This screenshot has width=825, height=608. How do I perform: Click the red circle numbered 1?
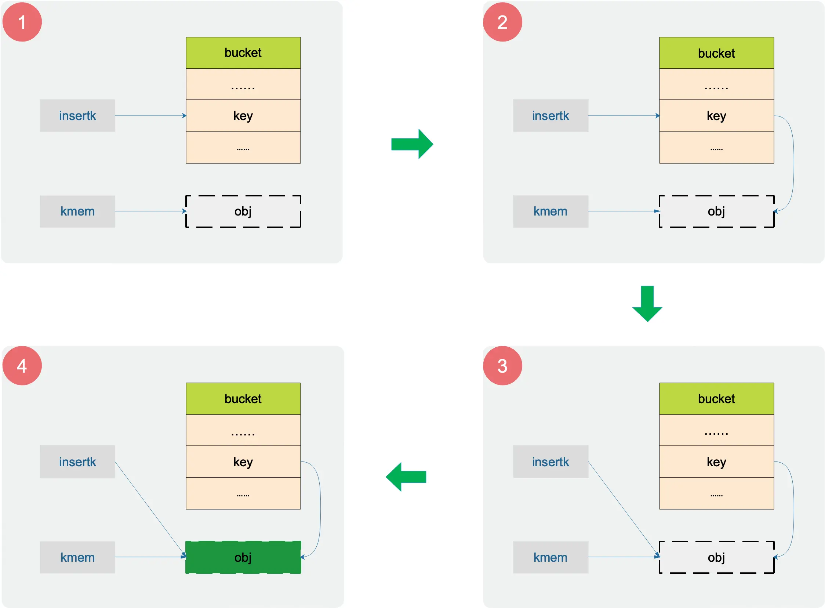click(22, 22)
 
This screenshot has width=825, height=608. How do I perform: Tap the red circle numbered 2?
click(502, 22)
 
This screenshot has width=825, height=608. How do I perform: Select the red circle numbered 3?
click(502, 365)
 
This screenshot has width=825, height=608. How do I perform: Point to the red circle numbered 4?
click(22, 365)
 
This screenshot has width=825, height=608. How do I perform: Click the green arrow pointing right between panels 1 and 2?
click(412, 144)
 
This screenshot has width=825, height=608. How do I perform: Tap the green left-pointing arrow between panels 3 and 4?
click(406, 477)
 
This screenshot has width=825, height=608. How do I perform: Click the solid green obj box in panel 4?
click(243, 557)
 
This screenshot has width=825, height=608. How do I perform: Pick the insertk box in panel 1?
click(77, 116)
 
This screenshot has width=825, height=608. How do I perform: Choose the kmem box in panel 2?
click(550, 211)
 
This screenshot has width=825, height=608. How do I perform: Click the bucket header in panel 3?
click(716, 399)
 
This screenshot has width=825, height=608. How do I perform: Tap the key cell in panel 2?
click(716, 116)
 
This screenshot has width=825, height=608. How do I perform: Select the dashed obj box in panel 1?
click(243, 211)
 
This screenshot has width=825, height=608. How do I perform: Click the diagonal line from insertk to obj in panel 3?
click(623, 509)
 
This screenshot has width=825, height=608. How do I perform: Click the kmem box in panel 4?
click(77, 557)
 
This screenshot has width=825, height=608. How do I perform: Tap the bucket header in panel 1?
click(243, 53)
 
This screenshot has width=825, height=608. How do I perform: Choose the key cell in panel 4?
click(243, 462)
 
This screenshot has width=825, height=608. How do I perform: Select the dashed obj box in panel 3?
click(716, 557)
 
